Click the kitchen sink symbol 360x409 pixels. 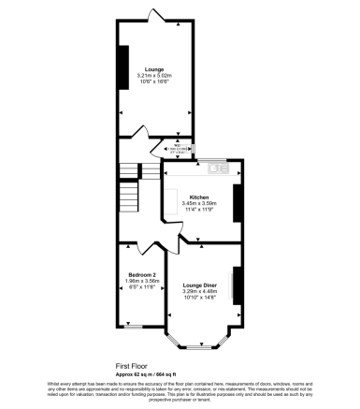[x=217, y=168]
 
